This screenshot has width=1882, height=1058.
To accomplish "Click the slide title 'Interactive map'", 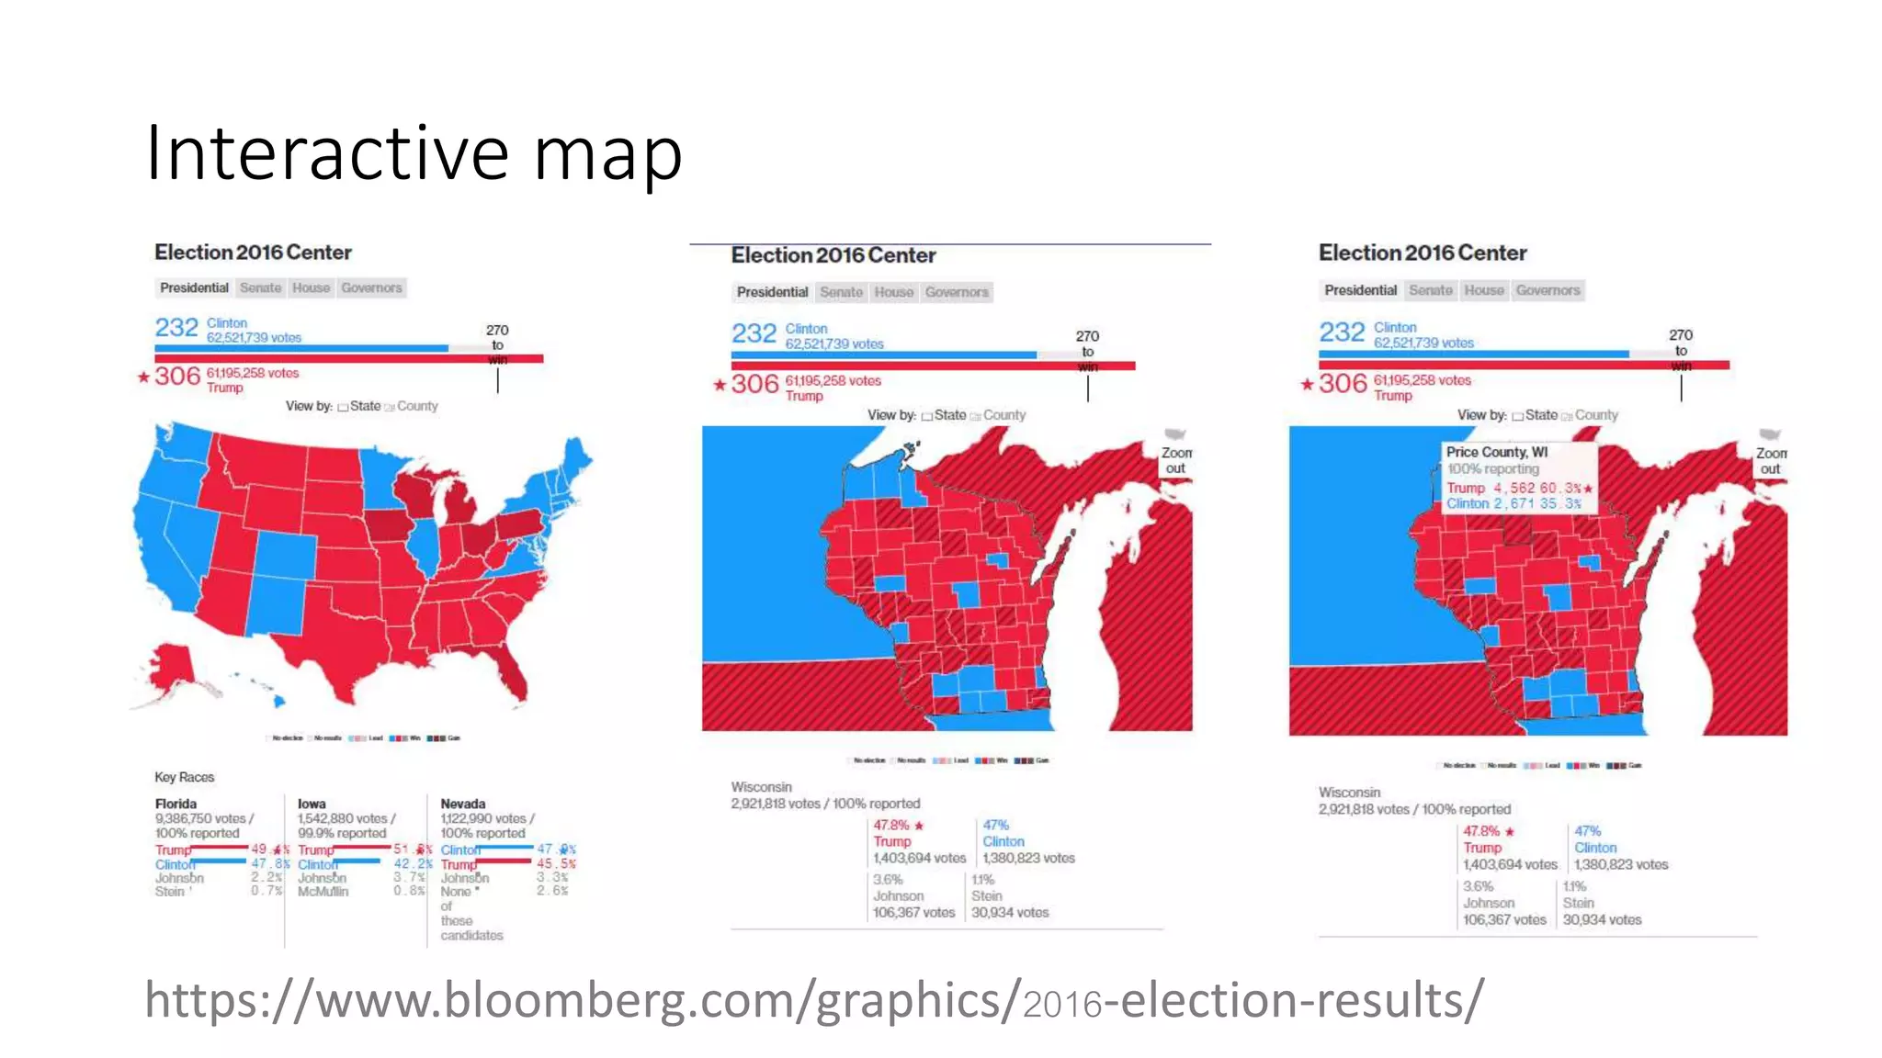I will (414, 152).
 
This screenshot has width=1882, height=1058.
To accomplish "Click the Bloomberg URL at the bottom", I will (813, 1000).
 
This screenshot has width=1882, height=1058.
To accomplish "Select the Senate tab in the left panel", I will (260, 287).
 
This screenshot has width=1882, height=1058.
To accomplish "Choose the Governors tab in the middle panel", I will (957, 292).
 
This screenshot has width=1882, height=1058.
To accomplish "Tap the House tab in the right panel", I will (1483, 290).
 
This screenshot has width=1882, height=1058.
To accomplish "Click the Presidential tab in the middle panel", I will (772, 292).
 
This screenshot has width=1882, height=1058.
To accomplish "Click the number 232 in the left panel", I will (176, 328).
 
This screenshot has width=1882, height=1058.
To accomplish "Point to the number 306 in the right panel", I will (1343, 383).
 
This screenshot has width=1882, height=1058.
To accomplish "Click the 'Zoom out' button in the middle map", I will (1175, 460).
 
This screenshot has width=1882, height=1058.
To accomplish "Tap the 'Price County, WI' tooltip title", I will (1496, 452).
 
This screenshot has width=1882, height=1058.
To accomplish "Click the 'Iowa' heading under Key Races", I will (312, 804).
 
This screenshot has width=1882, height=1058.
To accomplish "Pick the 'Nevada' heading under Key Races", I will (462, 804).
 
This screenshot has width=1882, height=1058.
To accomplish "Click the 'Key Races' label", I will (184, 777).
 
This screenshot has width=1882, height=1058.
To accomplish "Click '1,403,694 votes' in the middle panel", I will (919, 858).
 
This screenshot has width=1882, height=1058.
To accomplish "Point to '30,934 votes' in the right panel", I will (1602, 919).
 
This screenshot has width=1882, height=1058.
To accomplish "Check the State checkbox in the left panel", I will (343, 407).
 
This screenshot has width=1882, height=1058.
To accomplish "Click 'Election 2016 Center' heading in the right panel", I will (1422, 253).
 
